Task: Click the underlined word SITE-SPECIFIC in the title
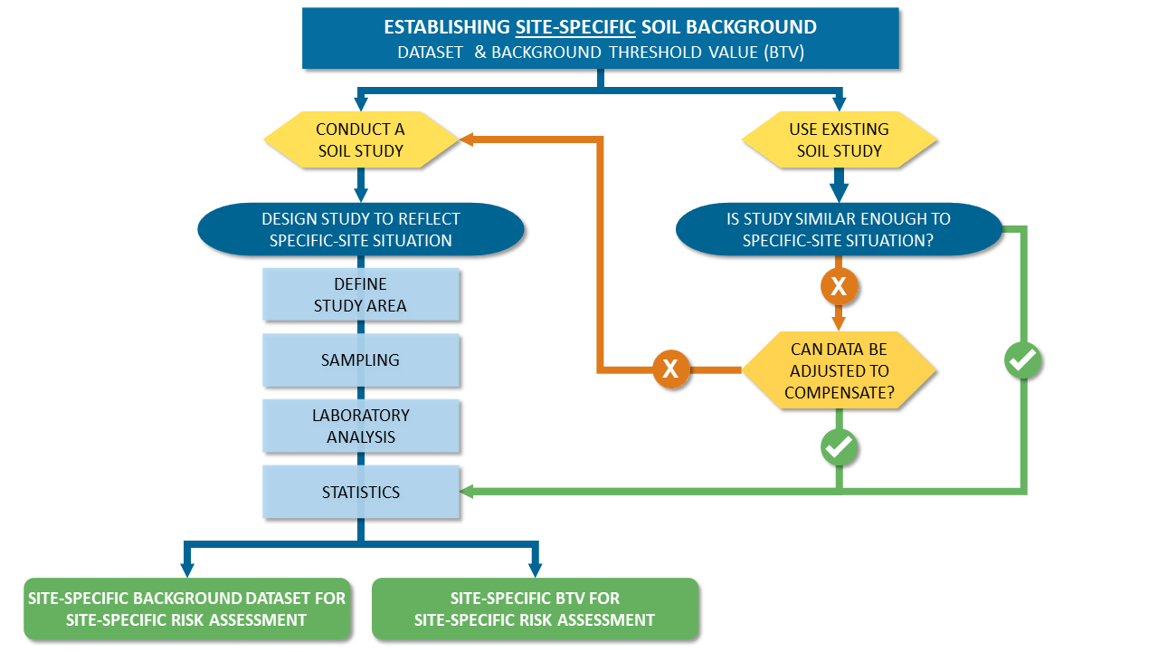(x=574, y=27)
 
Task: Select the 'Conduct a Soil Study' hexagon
(x=361, y=139)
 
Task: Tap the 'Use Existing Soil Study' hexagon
(x=839, y=139)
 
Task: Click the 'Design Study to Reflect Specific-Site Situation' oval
(x=361, y=229)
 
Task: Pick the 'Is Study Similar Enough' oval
(x=839, y=229)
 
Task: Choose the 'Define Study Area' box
(x=361, y=295)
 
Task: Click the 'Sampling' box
(x=361, y=360)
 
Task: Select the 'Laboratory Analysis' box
(x=361, y=426)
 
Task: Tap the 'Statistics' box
(x=361, y=493)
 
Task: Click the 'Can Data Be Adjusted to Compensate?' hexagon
(x=839, y=370)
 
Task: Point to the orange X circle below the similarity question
(x=839, y=287)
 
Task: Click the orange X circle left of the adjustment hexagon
(x=670, y=369)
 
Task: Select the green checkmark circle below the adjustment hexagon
(x=839, y=446)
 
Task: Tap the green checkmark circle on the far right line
(x=1023, y=360)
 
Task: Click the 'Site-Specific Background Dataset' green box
(x=186, y=609)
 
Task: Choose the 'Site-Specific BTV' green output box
(x=535, y=609)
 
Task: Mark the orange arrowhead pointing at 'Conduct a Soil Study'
(x=468, y=139)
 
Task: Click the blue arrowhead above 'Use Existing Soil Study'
(x=839, y=102)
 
